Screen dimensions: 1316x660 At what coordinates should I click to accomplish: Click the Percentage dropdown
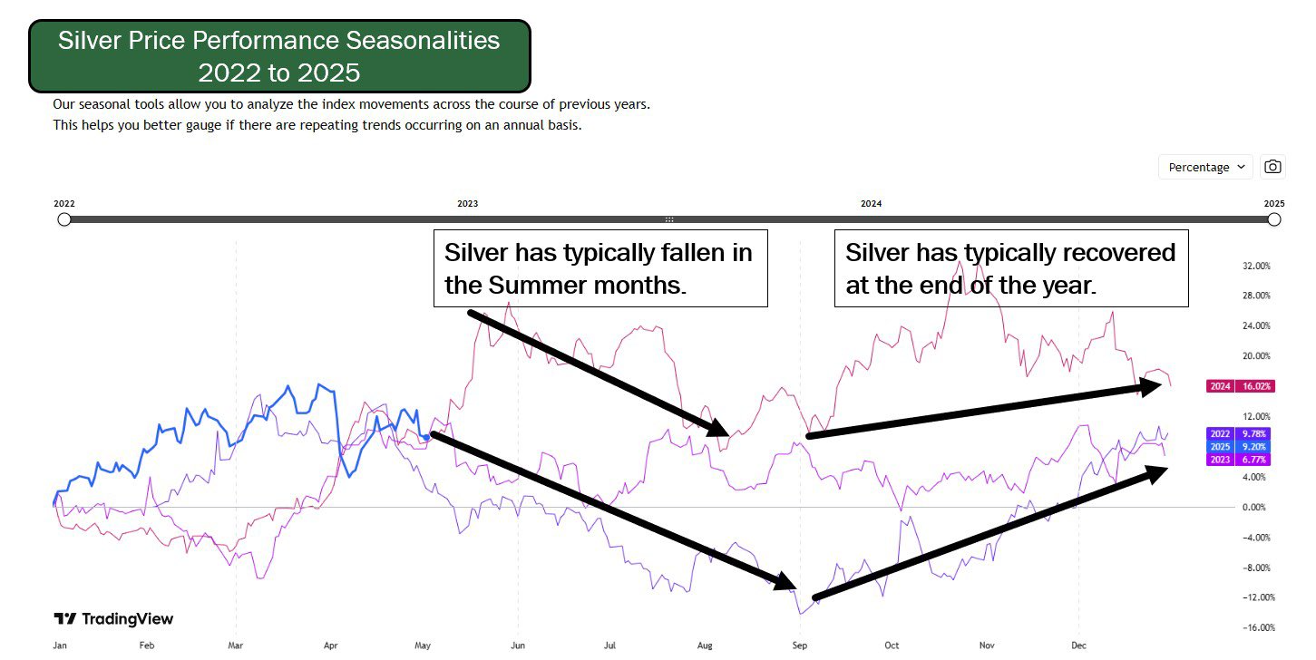[x=1205, y=168]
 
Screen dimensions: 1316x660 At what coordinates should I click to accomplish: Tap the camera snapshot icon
[x=1272, y=167]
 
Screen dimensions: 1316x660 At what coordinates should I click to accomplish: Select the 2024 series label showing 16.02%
[x=1240, y=386]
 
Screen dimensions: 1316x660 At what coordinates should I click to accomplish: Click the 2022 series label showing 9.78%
[x=1238, y=433]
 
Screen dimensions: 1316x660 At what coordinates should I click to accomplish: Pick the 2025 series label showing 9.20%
[x=1238, y=446]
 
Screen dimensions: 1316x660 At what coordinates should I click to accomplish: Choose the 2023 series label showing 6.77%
[x=1238, y=459]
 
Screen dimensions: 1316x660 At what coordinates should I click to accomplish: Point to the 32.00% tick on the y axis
[x=1256, y=266]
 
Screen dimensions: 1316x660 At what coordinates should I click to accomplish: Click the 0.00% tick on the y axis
[x=1253, y=508]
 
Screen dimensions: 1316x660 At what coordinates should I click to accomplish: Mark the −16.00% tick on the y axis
[x=1259, y=627]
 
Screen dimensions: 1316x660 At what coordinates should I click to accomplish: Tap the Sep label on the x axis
[x=800, y=645]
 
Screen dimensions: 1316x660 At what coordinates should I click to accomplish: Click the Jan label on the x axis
[x=60, y=645]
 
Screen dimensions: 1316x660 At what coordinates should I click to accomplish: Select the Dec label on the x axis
[x=1078, y=645]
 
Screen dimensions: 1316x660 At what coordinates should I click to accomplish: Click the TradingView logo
[x=113, y=619]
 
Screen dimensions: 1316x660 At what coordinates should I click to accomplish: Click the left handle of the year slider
[x=64, y=219]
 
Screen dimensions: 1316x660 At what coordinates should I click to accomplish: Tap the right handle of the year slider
[x=1273, y=219]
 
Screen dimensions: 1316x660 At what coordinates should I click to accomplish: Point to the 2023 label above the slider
[x=468, y=204]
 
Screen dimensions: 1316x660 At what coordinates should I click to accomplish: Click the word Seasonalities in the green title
[x=423, y=41]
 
